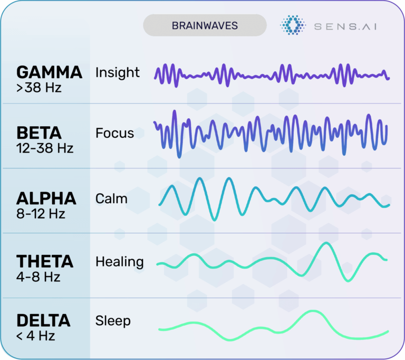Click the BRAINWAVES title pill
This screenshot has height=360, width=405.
(x=205, y=25)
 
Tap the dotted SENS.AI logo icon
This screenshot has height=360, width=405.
(x=293, y=25)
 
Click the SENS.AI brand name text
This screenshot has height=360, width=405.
(x=345, y=26)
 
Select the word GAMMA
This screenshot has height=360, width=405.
(x=50, y=72)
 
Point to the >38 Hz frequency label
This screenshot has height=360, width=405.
(x=39, y=88)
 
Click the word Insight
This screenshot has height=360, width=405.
(x=118, y=72)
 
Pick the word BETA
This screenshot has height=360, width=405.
(x=39, y=133)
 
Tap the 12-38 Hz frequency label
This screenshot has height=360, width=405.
(x=45, y=148)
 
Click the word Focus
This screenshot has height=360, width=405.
(x=114, y=133)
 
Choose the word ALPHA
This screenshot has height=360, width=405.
(x=46, y=198)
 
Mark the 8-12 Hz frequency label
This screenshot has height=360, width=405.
(x=41, y=214)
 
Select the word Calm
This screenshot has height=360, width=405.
(x=111, y=199)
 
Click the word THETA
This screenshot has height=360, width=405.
(x=45, y=261)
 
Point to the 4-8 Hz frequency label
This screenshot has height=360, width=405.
(x=38, y=277)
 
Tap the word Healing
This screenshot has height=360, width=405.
(x=120, y=262)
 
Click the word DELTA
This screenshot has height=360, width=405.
(x=43, y=321)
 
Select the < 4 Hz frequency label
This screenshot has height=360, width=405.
(x=36, y=336)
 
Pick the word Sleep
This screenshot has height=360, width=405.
(x=113, y=321)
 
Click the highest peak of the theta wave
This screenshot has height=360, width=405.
(x=326, y=243)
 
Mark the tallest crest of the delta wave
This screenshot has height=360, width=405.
(x=313, y=311)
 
